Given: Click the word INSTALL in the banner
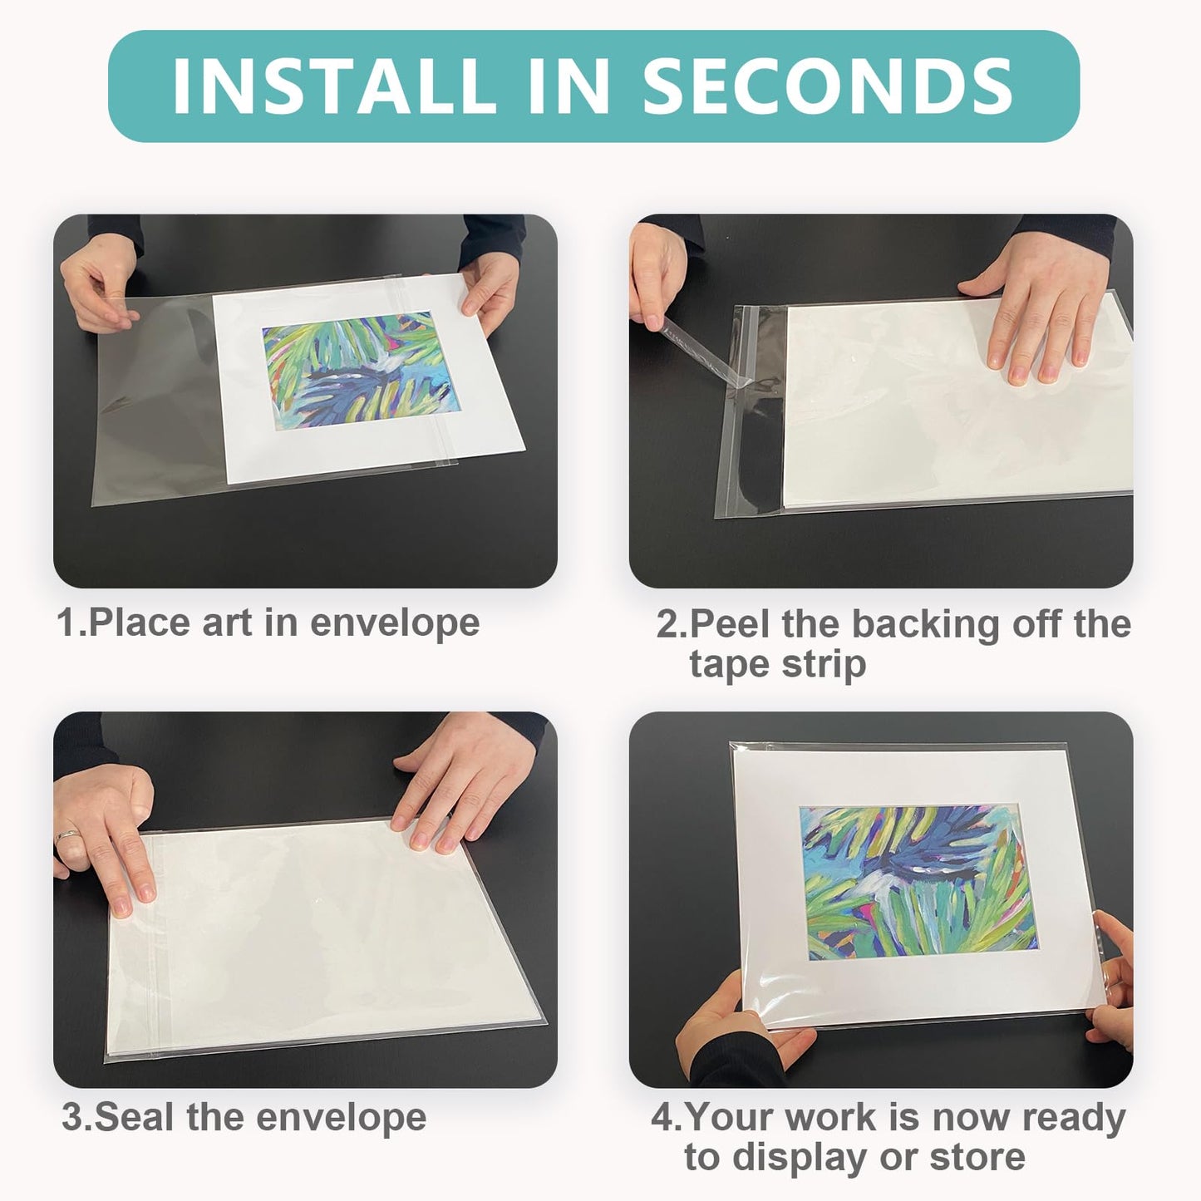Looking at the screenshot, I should (x=332, y=86).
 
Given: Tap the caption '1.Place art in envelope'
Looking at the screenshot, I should (x=268, y=623).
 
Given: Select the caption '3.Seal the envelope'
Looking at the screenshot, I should (x=244, y=1117).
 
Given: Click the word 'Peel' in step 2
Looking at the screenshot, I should (x=730, y=623).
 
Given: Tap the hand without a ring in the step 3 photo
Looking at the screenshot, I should (x=449, y=790).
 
